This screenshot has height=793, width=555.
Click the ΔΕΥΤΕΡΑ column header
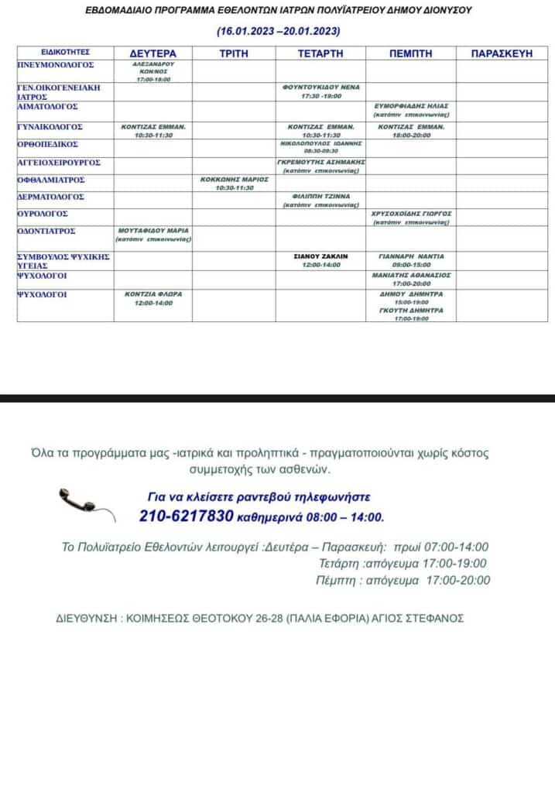(x=152, y=53)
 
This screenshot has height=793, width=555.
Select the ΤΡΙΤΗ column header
(x=233, y=53)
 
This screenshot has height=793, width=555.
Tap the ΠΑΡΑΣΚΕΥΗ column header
(x=502, y=53)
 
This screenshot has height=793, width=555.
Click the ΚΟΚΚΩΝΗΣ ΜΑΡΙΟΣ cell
(x=234, y=183)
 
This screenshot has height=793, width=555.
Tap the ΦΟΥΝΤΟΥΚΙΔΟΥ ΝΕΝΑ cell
(x=321, y=91)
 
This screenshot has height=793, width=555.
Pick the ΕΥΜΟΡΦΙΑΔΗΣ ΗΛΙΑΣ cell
(x=411, y=109)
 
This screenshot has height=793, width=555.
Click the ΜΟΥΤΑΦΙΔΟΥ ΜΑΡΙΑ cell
(x=153, y=235)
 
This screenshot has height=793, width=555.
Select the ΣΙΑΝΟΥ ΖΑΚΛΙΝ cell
(x=321, y=259)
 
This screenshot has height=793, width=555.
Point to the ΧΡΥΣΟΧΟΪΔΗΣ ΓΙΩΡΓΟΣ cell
(x=411, y=217)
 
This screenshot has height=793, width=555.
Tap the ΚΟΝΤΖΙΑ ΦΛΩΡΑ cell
(x=153, y=298)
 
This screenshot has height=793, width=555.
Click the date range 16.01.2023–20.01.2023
(x=278, y=32)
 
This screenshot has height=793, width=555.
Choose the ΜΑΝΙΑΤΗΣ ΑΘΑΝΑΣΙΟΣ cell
(x=411, y=279)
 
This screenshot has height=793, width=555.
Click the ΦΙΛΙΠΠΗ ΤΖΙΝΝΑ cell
(x=321, y=200)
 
